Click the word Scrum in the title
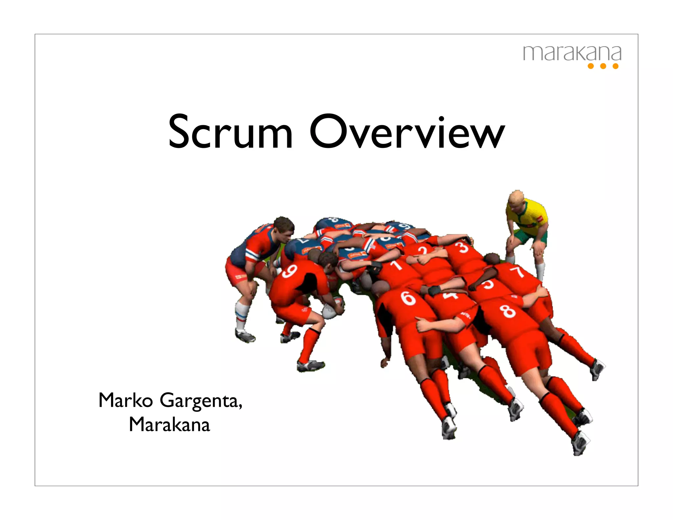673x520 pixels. click(230, 131)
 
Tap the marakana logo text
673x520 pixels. click(572, 54)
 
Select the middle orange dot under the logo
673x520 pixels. click(603, 66)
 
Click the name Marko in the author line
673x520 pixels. click(126, 400)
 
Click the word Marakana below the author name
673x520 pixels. click(169, 424)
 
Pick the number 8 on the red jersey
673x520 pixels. click(508, 311)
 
